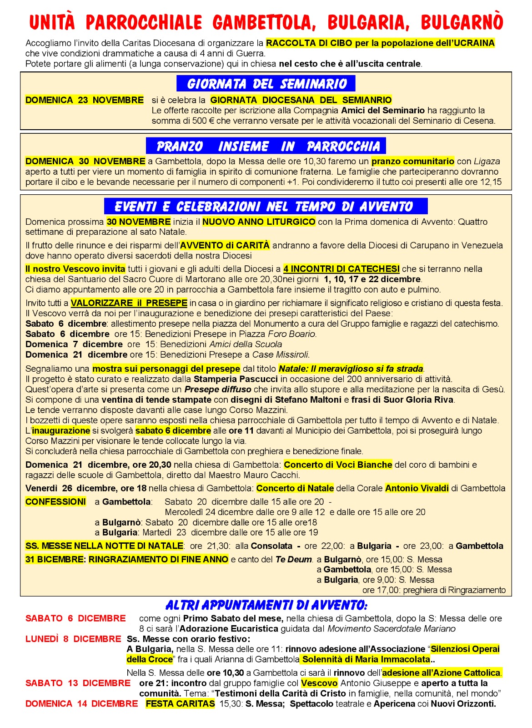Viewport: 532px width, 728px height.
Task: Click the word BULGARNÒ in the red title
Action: coord(462,22)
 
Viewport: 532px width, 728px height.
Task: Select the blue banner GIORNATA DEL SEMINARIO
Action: coord(266,84)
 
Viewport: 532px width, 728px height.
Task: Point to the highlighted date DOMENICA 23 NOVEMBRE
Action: coord(85,100)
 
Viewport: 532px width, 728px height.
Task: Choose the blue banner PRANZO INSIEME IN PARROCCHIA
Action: coord(266,146)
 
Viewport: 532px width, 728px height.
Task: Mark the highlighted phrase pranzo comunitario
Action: coord(412,162)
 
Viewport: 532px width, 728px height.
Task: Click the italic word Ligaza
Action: coord(487,162)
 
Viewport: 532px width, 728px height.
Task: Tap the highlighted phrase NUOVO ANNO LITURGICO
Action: coord(259,222)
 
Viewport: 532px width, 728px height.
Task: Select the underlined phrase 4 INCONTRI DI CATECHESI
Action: coord(341,269)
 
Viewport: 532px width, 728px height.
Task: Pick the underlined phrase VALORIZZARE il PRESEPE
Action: coord(129,303)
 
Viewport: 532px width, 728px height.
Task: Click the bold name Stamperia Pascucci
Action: coord(236,379)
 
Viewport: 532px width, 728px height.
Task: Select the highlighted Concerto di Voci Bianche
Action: coord(338,465)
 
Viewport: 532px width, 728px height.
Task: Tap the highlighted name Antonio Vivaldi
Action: coord(417,489)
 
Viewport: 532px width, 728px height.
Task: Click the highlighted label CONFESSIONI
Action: coord(55,502)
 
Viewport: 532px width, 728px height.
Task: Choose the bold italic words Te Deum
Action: coord(294,560)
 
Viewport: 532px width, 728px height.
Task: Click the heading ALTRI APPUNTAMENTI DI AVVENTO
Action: coord(266,605)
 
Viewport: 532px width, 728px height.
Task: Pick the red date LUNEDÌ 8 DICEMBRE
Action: coord(73,639)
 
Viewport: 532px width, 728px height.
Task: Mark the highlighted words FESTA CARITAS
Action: coord(180,704)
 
